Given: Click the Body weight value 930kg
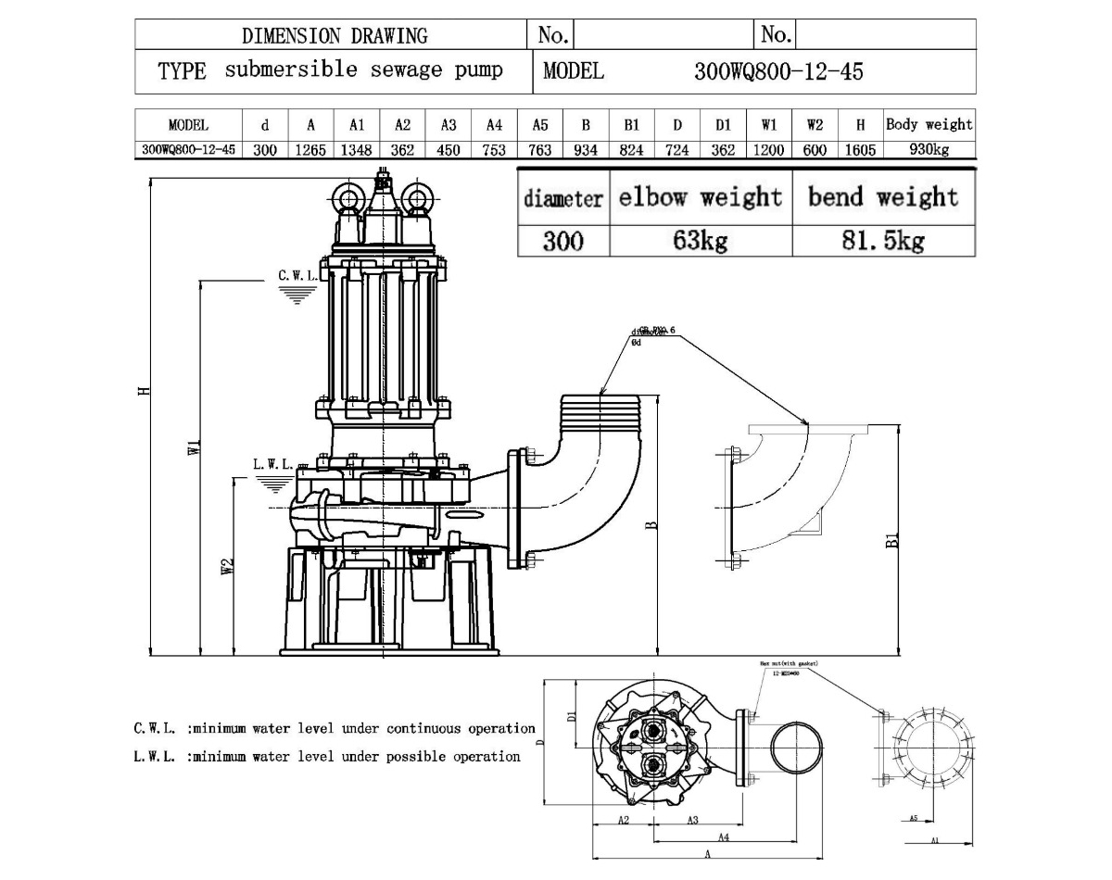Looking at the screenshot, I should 929,150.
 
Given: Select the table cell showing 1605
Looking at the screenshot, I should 860,150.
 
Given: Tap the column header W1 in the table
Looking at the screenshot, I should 769,125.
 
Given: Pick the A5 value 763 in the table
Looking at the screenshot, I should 539,150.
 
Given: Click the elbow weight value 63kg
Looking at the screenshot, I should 701,242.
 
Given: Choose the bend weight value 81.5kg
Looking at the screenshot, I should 883,242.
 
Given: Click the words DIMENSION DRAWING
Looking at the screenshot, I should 335,36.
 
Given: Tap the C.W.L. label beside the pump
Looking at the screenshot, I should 297,276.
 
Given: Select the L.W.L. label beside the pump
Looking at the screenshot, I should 273,464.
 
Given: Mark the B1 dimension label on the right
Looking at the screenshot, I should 892,540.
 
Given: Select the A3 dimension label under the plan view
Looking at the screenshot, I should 692,820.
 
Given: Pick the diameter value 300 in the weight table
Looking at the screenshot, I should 562,242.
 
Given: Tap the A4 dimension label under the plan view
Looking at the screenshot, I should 722,837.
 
